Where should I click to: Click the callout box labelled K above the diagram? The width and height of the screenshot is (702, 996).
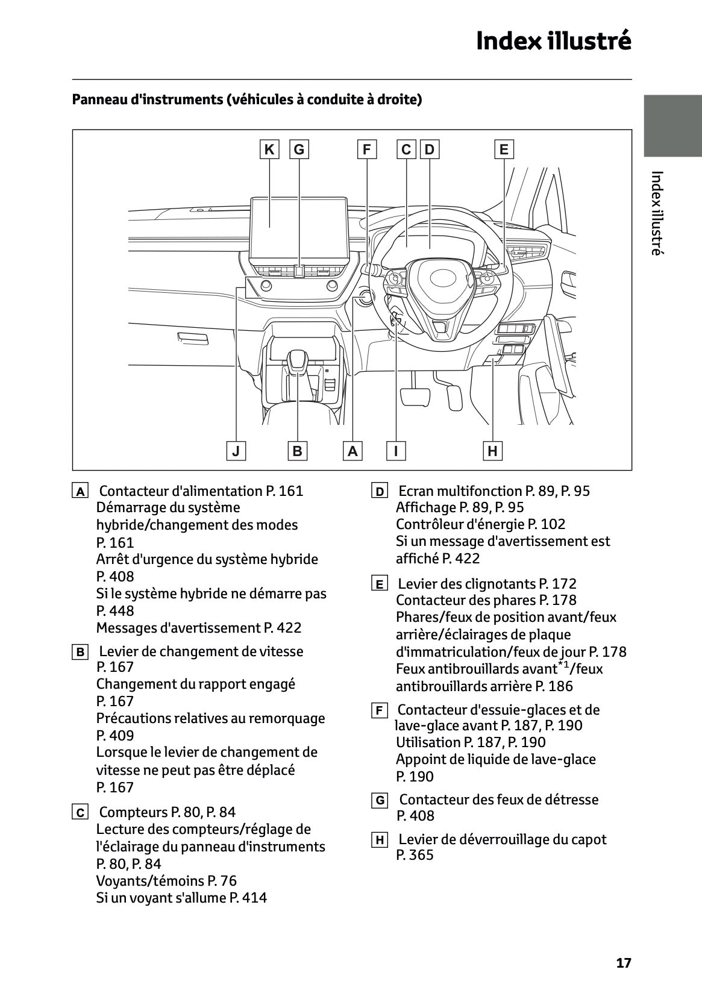point(269,149)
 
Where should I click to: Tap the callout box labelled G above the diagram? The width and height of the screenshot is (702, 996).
point(299,149)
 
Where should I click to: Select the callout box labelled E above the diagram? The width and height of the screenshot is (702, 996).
point(504,149)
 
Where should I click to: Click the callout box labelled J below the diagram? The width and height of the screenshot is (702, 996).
point(236,451)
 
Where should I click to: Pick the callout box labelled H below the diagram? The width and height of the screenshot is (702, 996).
point(492,451)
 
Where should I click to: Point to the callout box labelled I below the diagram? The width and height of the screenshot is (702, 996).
point(396,451)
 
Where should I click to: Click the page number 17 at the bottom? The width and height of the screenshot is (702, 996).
point(624,963)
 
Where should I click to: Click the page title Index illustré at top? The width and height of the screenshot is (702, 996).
point(553,41)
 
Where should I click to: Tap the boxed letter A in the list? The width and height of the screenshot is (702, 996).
point(80,492)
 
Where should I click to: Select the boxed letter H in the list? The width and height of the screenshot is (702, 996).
point(379,841)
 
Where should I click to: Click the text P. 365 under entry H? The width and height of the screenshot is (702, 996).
point(415,855)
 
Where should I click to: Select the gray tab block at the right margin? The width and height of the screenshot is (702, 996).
point(672,126)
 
